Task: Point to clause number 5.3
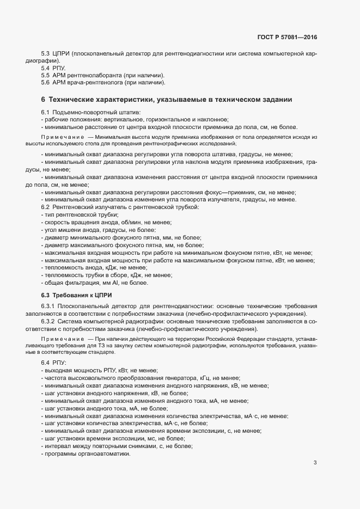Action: pyautogui.click(x=46, y=55)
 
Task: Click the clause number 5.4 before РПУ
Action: pyautogui.click(x=46, y=68)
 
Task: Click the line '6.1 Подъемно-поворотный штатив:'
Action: pyautogui.click(x=91, y=112)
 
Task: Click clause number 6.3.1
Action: pyautogui.click(x=48, y=308)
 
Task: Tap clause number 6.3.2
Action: pyautogui.click(x=48, y=322)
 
